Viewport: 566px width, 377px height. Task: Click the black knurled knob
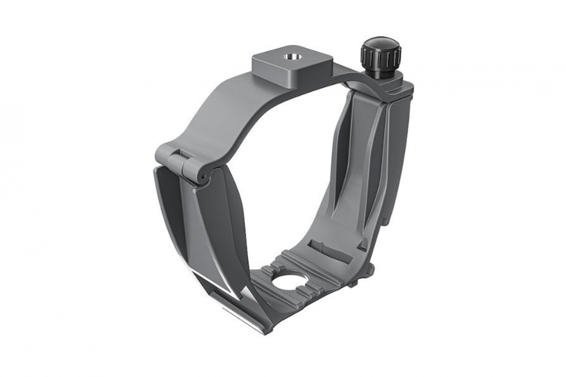click(x=381, y=54)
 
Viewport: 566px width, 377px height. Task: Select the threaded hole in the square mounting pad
click(x=290, y=57)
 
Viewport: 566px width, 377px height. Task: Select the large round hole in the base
click(x=289, y=282)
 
